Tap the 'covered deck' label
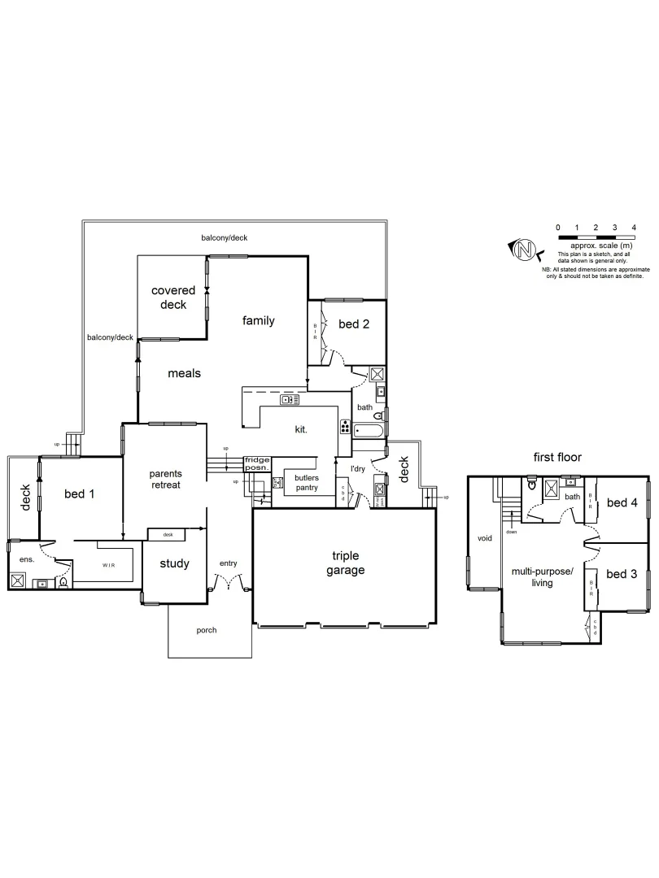point(173,298)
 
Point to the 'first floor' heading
point(558,458)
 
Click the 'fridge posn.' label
point(256,464)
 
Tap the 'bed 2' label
point(354,324)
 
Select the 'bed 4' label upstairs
point(622,502)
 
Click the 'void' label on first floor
point(485,537)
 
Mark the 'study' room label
point(174,563)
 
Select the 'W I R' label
point(107,563)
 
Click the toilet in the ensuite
point(63,581)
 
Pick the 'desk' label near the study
point(168,534)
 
